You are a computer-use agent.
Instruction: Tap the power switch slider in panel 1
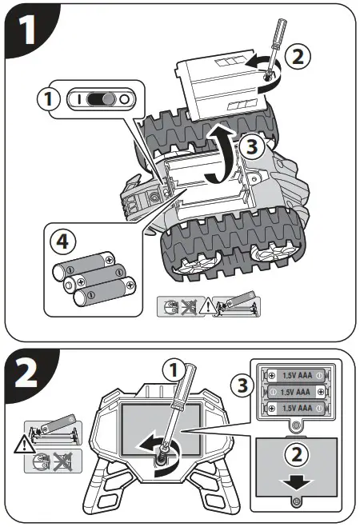(x=101, y=99)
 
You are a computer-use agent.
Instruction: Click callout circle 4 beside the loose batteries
(x=63, y=241)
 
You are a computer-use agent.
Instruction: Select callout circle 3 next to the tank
(x=252, y=146)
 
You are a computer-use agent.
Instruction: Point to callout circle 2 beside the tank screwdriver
(x=298, y=57)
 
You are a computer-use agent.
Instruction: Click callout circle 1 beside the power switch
(x=49, y=99)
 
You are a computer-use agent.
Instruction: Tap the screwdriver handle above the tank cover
(x=280, y=31)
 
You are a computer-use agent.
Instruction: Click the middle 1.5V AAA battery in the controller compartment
(x=295, y=392)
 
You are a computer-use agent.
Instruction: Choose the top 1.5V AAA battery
(x=295, y=375)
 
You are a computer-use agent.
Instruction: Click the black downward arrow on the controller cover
(x=297, y=484)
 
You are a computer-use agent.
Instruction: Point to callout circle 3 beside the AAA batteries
(x=243, y=385)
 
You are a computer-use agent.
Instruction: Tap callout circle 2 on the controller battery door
(x=297, y=455)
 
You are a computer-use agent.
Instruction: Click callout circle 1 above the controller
(x=174, y=371)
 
